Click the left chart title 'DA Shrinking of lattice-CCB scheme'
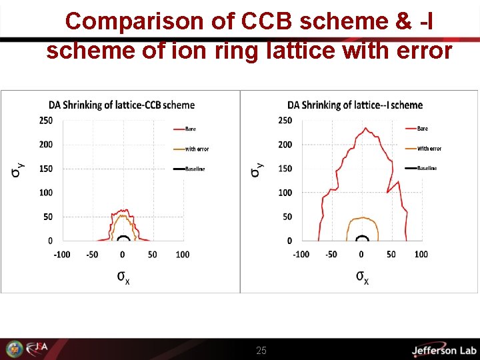(x=121, y=105)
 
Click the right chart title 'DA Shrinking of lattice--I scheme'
(x=355, y=105)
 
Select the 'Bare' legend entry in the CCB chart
(x=190, y=129)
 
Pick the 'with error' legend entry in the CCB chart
(x=197, y=149)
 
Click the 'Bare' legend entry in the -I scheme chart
(x=422, y=128)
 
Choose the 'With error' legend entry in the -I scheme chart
(x=429, y=148)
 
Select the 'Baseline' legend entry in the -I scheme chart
(x=427, y=168)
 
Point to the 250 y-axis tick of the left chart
(x=45, y=121)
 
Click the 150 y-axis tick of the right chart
(x=285, y=169)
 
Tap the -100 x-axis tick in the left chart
(x=61, y=254)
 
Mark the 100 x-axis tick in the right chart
(x=421, y=254)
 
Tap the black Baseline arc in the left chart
(x=123, y=236)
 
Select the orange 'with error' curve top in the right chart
(x=361, y=217)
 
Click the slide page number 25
(x=261, y=350)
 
